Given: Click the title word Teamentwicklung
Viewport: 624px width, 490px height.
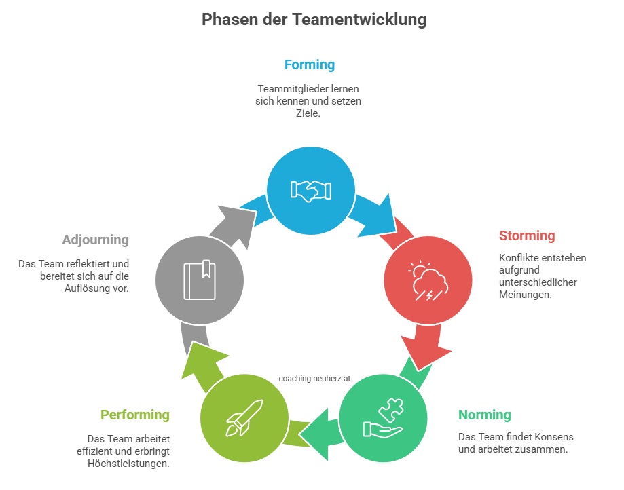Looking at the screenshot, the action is (359, 20).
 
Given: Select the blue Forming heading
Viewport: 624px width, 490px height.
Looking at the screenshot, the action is (309, 65).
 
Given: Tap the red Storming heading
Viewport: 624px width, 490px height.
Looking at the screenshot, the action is (527, 236).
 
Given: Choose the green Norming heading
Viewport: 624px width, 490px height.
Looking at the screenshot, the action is (484, 415).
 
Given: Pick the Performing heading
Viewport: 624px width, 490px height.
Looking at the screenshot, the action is (135, 415).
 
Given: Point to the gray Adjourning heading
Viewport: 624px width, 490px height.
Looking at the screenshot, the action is (96, 240).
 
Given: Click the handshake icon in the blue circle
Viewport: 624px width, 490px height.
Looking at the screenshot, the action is (311, 191).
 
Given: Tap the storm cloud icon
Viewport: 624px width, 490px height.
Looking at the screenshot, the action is (428, 281).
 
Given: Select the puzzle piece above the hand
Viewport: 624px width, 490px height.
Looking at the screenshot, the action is (391, 410).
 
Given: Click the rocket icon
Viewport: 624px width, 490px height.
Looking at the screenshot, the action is (244, 417).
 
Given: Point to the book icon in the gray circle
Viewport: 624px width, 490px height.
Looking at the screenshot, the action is (200, 280).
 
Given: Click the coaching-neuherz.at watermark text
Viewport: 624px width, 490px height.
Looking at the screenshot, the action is (314, 379).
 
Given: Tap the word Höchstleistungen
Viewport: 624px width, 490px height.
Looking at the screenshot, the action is (128, 464).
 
